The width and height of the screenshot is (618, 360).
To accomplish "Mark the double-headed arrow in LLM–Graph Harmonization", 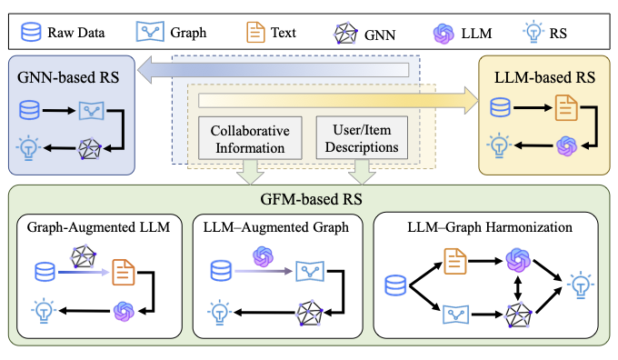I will pyautogui.click(x=517, y=288).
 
